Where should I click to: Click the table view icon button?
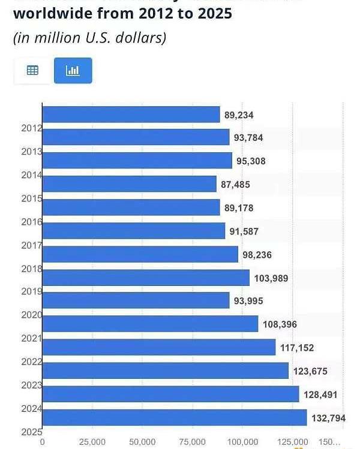coord(32,71)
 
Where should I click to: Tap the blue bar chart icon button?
coord(73,71)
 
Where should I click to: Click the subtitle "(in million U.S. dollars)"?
coord(89,38)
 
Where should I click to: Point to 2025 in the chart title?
coord(211,13)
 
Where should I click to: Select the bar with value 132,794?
coord(175,417)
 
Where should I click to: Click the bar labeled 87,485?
coord(130,184)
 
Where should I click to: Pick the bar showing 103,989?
coord(146,278)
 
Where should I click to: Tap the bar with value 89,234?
coord(131,114)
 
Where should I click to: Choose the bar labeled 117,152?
coord(159,347)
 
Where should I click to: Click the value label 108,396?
coord(280,324)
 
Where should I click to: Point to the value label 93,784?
coord(248,138)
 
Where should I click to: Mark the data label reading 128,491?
coord(322,394)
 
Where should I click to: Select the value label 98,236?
coord(257,255)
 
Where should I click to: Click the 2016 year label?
coord(31,222)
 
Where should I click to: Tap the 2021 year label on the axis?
coord(31,338)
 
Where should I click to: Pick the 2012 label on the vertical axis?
coord(31,128)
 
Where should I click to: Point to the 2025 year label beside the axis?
coord(31,432)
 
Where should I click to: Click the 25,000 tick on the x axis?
coord(92,442)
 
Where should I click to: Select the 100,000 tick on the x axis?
coord(242,442)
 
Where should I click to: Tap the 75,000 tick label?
coord(193,442)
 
